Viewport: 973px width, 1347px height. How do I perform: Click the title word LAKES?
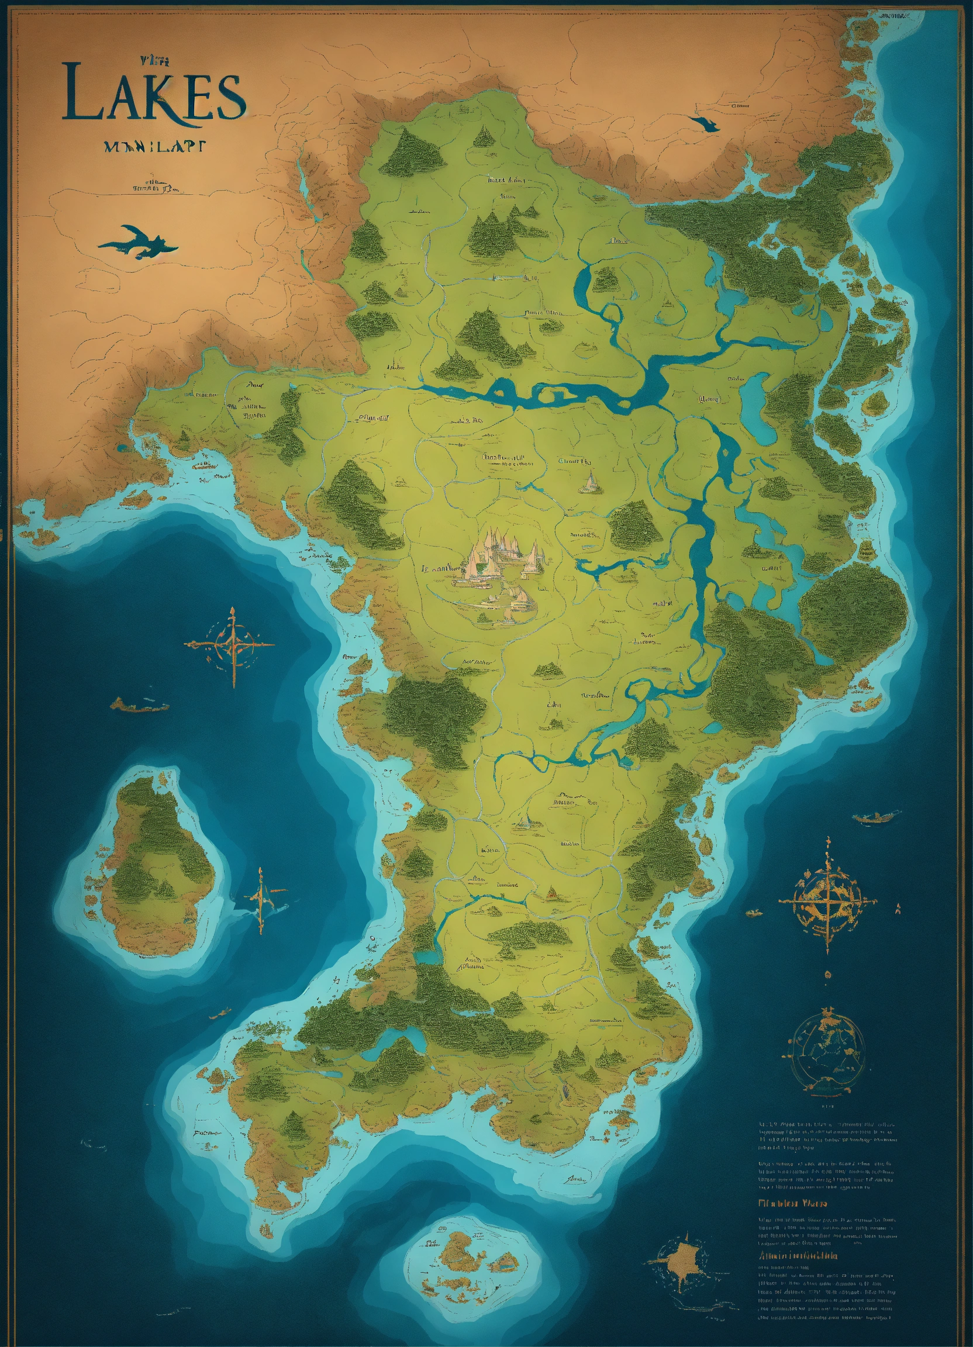(x=153, y=97)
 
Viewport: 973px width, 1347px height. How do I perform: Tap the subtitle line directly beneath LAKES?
(x=154, y=147)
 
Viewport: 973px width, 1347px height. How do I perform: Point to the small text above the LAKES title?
(x=156, y=60)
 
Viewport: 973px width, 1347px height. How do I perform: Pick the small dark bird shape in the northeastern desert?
(x=705, y=123)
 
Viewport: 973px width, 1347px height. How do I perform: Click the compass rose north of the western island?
(x=231, y=645)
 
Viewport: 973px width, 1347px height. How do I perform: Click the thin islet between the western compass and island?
(x=139, y=706)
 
